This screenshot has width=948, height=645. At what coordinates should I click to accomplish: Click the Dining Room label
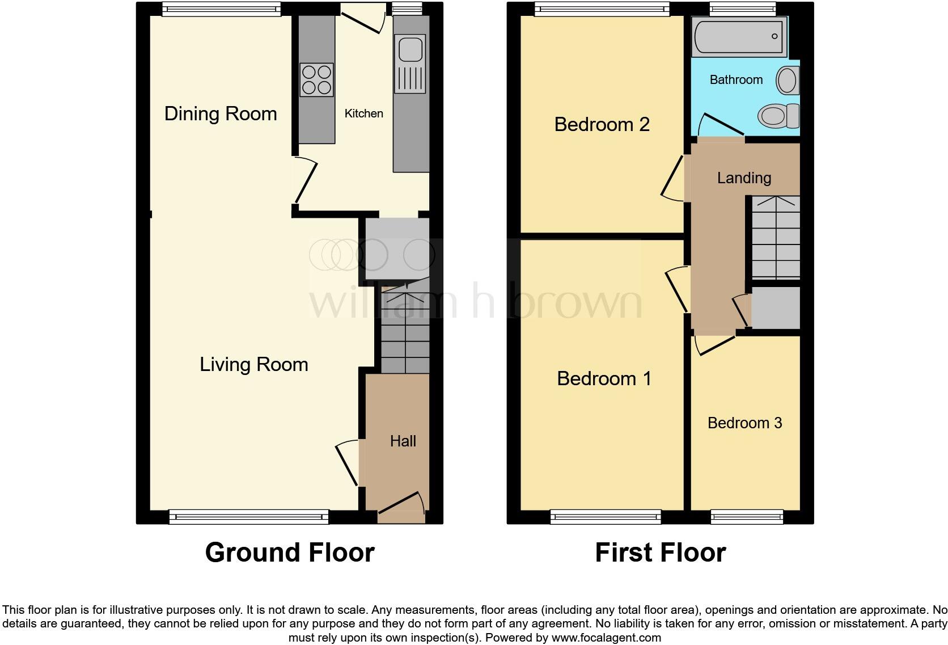pyautogui.click(x=221, y=113)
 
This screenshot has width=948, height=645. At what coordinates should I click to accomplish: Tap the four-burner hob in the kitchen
pyautogui.click(x=316, y=80)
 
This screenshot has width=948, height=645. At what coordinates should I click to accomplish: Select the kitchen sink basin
pyautogui.click(x=410, y=49)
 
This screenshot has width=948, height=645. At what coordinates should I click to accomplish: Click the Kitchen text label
pyautogui.click(x=364, y=113)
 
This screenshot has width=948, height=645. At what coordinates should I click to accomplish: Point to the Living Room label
pyautogui.click(x=253, y=364)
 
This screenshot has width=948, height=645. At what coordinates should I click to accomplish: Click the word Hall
pyautogui.click(x=403, y=441)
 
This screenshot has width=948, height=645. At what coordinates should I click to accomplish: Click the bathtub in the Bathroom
pyautogui.click(x=739, y=37)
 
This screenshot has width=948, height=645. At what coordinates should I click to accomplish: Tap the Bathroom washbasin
pyautogui.click(x=788, y=80)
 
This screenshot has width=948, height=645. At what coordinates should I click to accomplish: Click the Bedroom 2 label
pyautogui.click(x=602, y=124)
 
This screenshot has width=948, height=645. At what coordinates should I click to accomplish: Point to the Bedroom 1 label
pyautogui.click(x=604, y=378)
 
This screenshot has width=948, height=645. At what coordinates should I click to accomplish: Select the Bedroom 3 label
pyautogui.click(x=744, y=423)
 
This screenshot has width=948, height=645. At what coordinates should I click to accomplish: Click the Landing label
pyautogui.click(x=744, y=178)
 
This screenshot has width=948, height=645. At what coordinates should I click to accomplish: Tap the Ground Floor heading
pyautogui.click(x=289, y=552)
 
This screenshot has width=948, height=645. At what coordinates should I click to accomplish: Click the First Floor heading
pyautogui.click(x=660, y=552)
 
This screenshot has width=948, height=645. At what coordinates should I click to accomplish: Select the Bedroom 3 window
pyautogui.click(x=747, y=516)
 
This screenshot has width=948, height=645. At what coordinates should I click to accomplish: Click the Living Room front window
pyautogui.click(x=248, y=516)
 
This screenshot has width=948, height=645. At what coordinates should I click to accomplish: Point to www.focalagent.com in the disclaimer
pyautogui.click(x=606, y=638)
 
